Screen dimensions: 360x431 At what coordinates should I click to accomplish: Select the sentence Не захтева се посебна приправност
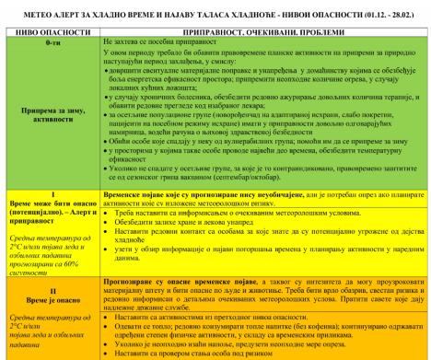pos(166,42)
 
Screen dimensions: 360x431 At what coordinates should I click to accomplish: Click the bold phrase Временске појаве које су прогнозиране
pos(184,222)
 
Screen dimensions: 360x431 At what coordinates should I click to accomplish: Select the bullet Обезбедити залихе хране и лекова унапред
pos(184,249)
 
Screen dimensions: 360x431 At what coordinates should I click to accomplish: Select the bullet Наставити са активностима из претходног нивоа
pos(212,319)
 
